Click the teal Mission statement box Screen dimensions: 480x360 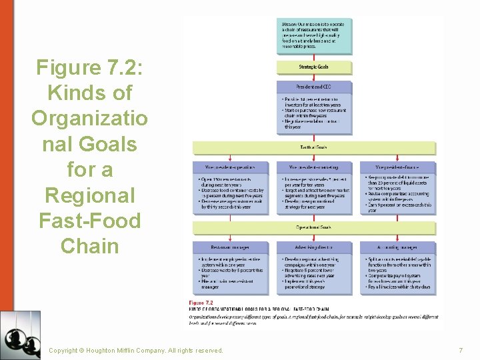coord(314,35)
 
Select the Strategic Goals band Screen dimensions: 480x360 coord(314,67)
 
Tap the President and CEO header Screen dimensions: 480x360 coord(314,87)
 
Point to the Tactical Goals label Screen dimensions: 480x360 coord(314,147)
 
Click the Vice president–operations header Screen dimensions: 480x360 coord(230,167)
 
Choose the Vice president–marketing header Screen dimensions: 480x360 coord(314,167)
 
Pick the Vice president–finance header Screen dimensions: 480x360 coord(397,167)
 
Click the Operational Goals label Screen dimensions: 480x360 coord(314,227)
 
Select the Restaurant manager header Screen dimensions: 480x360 coord(230,247)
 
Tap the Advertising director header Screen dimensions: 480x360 coord(314,247)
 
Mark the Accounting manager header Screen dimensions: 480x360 coord(397,247)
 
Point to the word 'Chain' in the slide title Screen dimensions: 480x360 coord(89,246)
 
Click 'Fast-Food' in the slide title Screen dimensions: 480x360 coord(89,220)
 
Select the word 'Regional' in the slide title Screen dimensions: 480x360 coord(89,195)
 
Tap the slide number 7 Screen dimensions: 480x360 coord(460,350)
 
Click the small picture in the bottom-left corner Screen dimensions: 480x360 coord(20,335)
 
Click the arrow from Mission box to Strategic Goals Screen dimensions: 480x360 coord(314,58)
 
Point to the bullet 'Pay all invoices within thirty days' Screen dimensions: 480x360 coord(397,287)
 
